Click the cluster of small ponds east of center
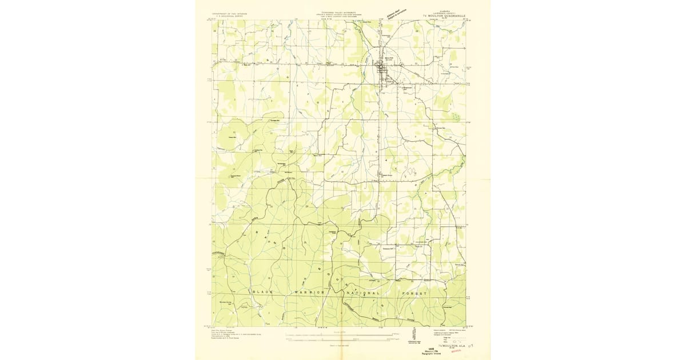click(x=410, y=171)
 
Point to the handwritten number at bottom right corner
click(x=470, y=346)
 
